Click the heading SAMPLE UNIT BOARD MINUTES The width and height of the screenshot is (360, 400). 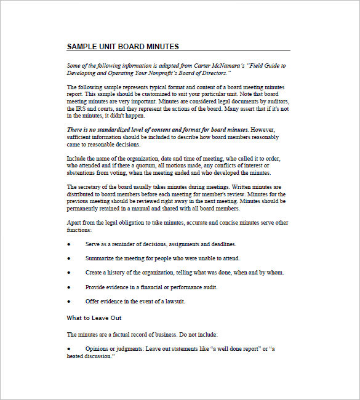point(122,46)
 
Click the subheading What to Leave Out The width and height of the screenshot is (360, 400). point(94,318)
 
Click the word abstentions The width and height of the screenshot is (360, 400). point(82,172)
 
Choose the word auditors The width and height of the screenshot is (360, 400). point(275,101)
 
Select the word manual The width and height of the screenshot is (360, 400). point(150,208)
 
